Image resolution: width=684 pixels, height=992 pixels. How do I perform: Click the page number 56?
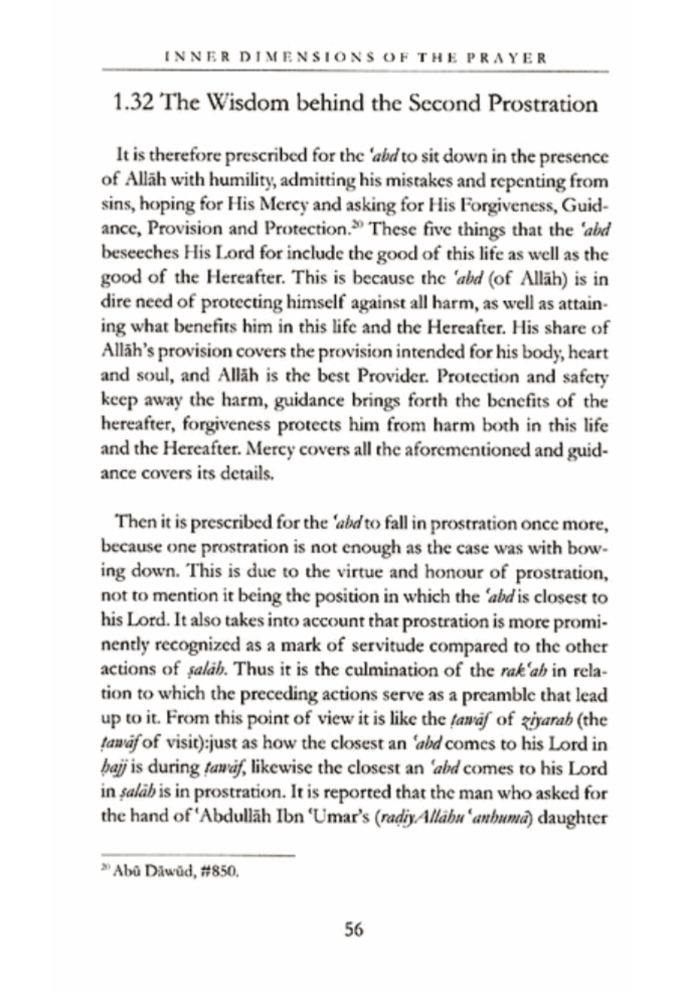point(354,930)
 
